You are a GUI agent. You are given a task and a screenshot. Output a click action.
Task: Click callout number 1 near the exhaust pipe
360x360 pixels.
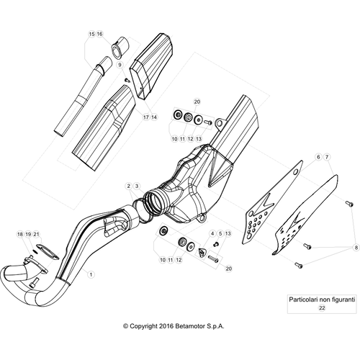click(91, 274)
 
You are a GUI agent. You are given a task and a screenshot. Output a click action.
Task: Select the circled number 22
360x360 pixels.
click(322, 307)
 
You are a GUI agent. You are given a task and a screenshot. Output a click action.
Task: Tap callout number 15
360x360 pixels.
click(92, 34)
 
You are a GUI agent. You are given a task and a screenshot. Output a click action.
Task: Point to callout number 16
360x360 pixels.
click(99, 34)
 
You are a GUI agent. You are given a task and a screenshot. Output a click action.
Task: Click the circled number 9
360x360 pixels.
click(120, 65)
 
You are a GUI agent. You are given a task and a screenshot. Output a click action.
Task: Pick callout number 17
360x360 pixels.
click(146, 117)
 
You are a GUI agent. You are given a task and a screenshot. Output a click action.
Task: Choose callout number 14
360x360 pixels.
click(154, 117)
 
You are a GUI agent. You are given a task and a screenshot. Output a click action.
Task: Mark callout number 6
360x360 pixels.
click(318, 157)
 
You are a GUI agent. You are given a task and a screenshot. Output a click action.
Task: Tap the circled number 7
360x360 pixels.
click(327, 157)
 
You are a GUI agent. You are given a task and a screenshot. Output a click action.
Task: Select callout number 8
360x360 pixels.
click(356, 248)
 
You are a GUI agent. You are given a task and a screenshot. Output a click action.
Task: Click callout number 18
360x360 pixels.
click(20, 234)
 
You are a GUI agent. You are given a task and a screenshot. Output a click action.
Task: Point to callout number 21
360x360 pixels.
click(36, 234)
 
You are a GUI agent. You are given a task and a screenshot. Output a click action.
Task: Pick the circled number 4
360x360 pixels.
click(212, 233)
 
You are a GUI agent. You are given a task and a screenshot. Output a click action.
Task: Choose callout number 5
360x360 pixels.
click(220, 233)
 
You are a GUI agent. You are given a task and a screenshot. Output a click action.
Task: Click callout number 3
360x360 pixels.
click(137, 186)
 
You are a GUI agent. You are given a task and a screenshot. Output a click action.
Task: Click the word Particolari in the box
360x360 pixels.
click(303, 300)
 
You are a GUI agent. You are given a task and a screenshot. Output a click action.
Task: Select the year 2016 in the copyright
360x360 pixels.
click(166, 326)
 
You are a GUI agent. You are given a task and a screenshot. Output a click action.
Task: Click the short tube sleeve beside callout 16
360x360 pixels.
click(120, 48)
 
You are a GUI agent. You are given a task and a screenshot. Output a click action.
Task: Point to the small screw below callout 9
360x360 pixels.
click(127, 80)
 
